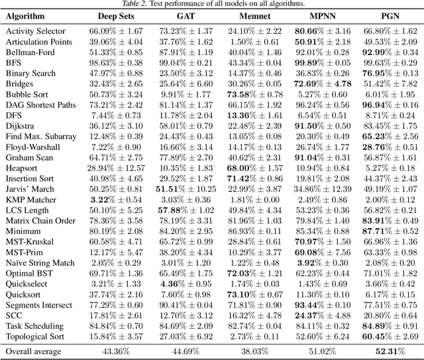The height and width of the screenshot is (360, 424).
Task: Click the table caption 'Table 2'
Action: pos(212,4)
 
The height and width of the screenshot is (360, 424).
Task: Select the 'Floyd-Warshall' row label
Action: pos(31,147)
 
